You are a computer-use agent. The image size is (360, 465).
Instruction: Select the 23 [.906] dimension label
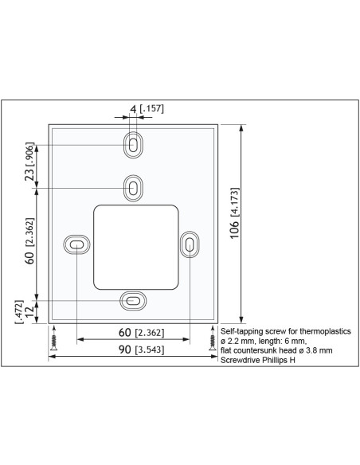pos(29,163)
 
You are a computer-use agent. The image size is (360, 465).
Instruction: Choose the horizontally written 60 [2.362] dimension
pos(132,332)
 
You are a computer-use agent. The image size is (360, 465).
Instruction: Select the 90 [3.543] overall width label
pos(132,350)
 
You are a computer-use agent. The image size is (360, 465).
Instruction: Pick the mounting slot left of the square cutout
pos(76,245)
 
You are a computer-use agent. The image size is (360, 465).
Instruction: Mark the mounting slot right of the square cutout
pos(189,245)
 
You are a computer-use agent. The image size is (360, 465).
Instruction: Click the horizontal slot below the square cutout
pos(133,301)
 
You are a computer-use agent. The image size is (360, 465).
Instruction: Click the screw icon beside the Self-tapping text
pos(212,340)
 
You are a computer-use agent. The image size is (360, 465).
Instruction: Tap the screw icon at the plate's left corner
pos(53,340)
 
